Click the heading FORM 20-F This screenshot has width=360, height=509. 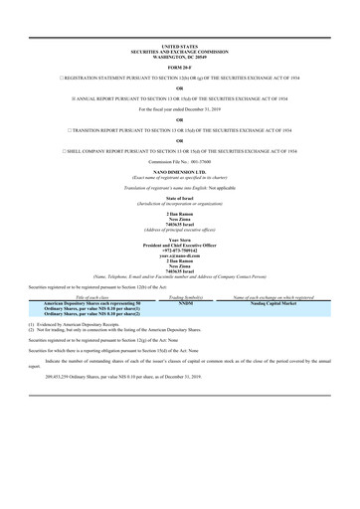point(180,67)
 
